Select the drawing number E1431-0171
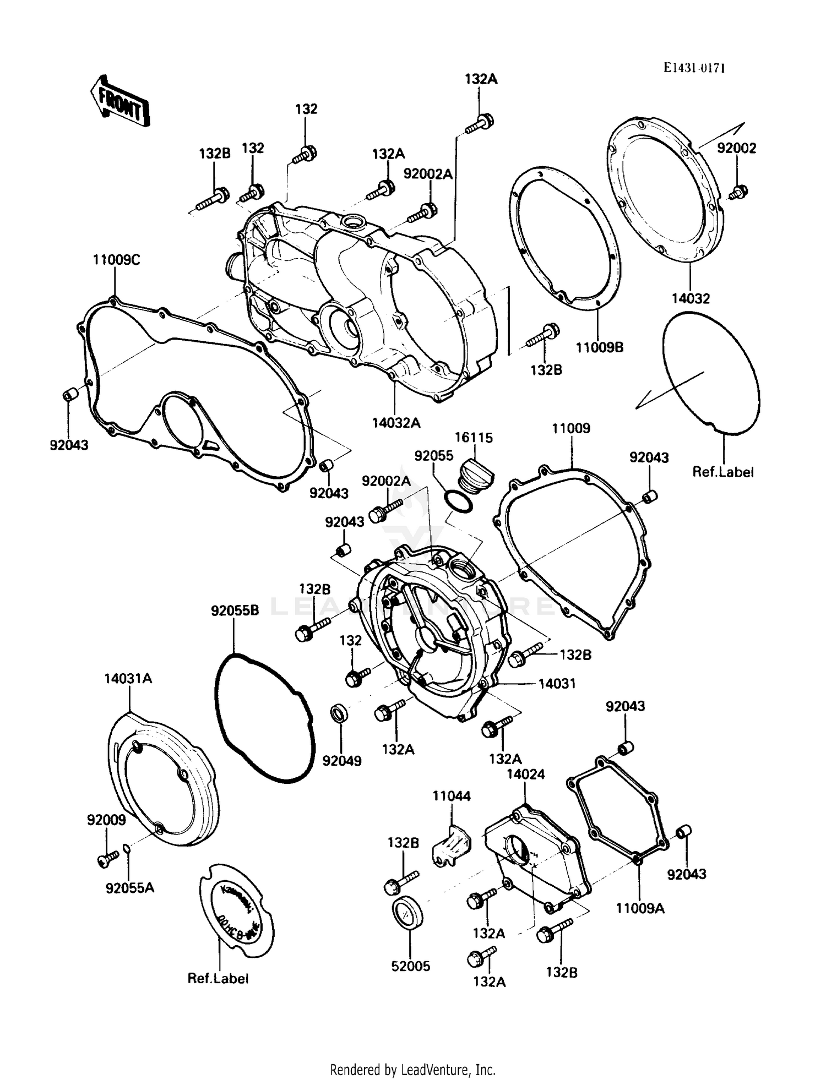[x=693, y=68]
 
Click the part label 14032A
[x=395, y=423]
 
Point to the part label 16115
[x=474, y=438]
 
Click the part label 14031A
[x=128, y=679]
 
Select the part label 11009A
[x=640, y=908]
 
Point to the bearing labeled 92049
[x=338, y=714]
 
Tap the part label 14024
[x=525, y=774]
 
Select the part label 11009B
[x=599, y=347]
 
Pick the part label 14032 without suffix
[x=691, y=298]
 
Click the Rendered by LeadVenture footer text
[x=412, y=1070]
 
